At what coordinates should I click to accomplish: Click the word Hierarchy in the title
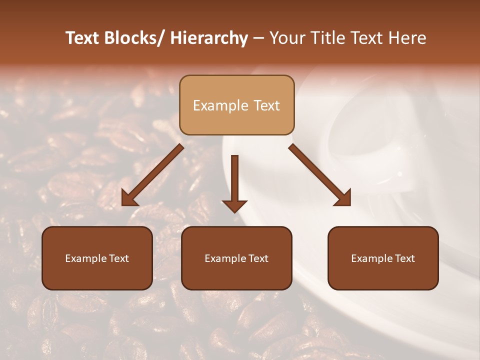pyautogui.click(x=209, y=38)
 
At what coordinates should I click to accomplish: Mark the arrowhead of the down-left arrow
pyautogui.click(x=129, y=199)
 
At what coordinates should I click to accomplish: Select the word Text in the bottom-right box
pyautogui.click(x=404, y=258)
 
